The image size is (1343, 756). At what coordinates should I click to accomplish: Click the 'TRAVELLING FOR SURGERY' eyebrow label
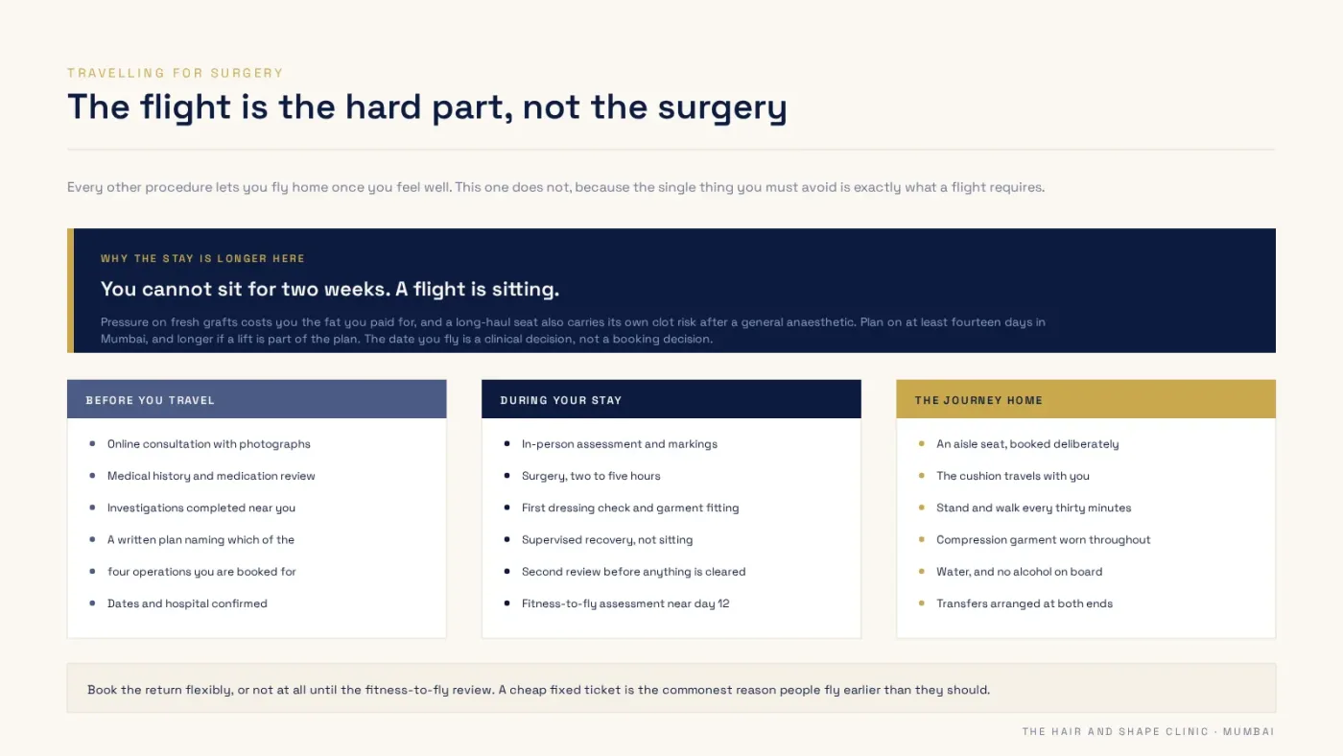tap(175, 73)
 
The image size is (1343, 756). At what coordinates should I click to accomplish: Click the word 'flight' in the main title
tap(185, 107)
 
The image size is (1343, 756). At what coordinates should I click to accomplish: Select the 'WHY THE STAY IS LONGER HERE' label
tap(202, 258)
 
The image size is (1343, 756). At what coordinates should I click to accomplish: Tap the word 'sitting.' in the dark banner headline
tap(526, 290)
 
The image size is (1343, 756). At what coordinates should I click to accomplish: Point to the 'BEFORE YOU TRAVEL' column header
tap(150, 400)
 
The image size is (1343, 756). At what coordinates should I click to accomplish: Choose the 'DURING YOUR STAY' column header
tap(561, 400)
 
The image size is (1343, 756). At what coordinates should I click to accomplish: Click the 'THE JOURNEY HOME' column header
tap(978, 400)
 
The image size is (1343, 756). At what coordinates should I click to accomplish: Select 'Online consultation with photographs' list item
tap(209, 443)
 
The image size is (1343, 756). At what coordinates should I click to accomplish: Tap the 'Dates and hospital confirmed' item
tap(187, 603)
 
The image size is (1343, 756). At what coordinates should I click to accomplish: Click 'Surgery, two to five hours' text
tap(591, 476)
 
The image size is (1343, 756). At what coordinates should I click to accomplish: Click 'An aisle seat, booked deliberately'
tap(1027, 443)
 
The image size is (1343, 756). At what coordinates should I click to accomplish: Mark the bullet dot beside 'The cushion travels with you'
tap(922, 476)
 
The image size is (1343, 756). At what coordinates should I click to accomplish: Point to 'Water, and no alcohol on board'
tap(1019, 572)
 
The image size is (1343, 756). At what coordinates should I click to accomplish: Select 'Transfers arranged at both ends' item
tap(1025, 603)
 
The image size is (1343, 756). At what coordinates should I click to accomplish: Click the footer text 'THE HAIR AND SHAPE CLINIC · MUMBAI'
tap(1148, 731)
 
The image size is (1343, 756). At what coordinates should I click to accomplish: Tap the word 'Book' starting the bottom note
tap(102, 690)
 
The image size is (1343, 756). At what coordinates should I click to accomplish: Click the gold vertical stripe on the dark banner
tap(71, 290)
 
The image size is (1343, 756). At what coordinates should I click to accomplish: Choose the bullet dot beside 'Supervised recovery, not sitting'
tap(507, 539)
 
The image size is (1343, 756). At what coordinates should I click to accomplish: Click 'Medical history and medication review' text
tap(211, 476)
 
